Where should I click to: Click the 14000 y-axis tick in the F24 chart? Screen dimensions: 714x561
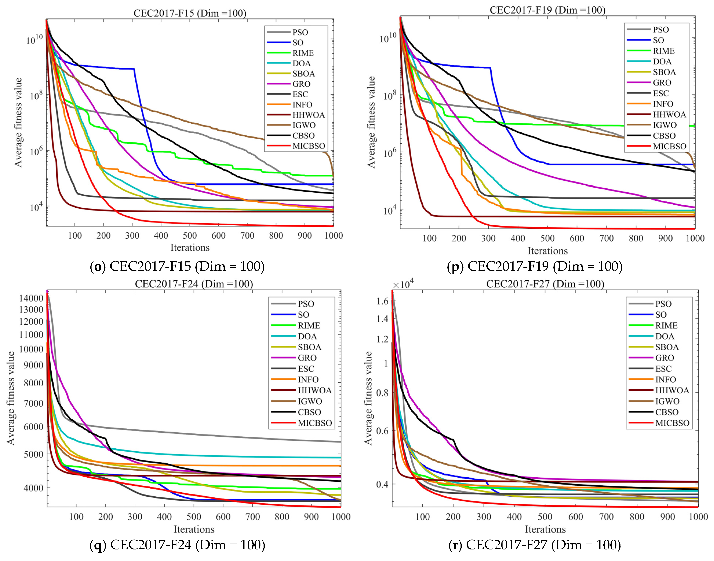[x=31, y=298]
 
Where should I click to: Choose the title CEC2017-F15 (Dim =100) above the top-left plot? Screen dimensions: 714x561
[x=190, y=13]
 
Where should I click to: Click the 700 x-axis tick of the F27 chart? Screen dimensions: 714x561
[x=606, y=517]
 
